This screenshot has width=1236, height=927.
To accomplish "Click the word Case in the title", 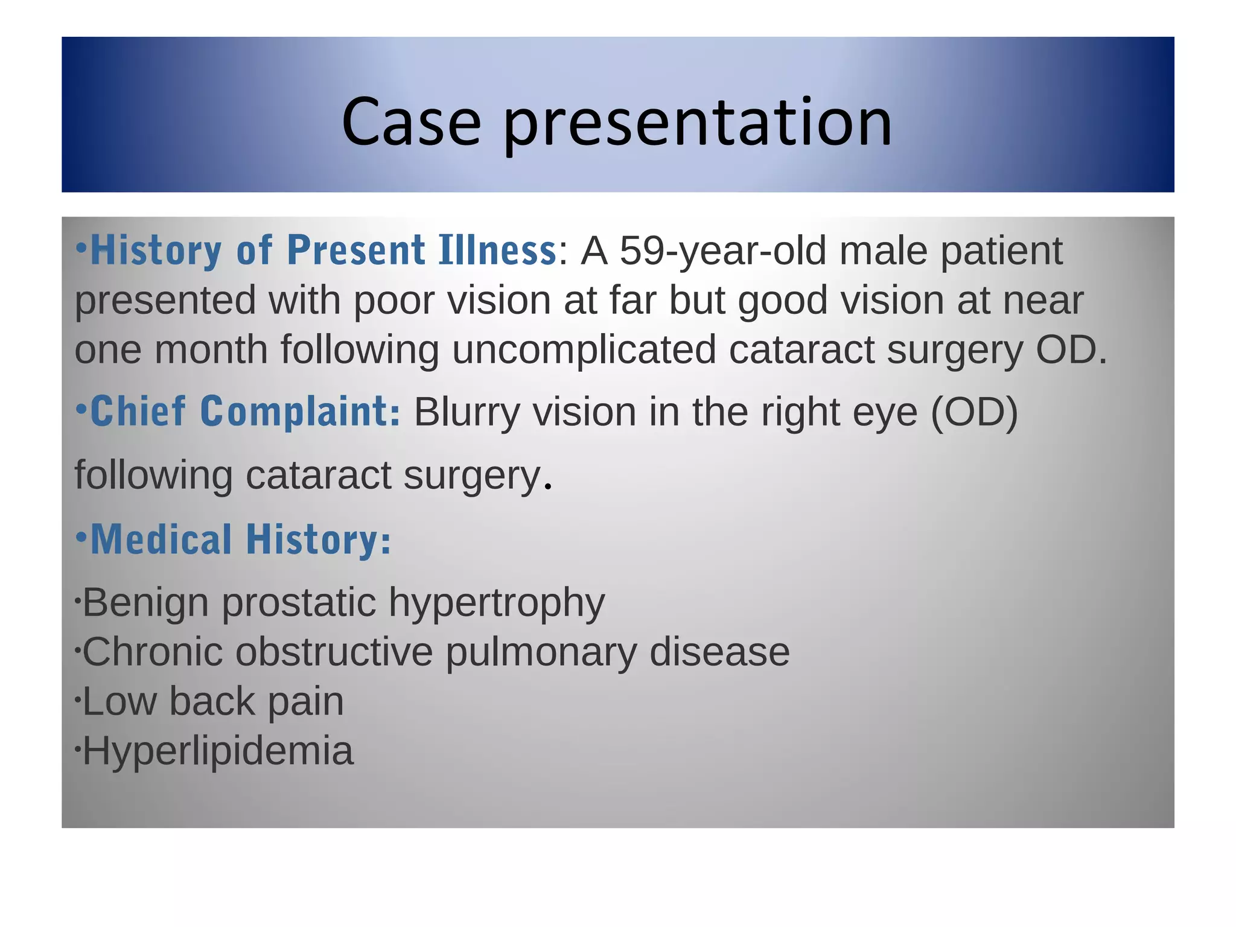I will point(411,123).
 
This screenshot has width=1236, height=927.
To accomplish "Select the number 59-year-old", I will point(722,251).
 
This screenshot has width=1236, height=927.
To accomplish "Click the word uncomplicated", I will point(584,350).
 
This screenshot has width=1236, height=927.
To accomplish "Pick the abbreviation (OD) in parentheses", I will point(974,413).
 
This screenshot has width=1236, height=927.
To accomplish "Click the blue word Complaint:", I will point(300,413).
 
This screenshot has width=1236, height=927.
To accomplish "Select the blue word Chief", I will point(138,413).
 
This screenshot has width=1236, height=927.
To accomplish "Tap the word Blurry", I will point(467,413).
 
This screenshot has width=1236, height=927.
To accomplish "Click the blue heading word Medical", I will point(161,540).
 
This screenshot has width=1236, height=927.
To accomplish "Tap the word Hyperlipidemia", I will point(218,751).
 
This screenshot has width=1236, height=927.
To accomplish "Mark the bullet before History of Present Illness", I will point(81,247).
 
